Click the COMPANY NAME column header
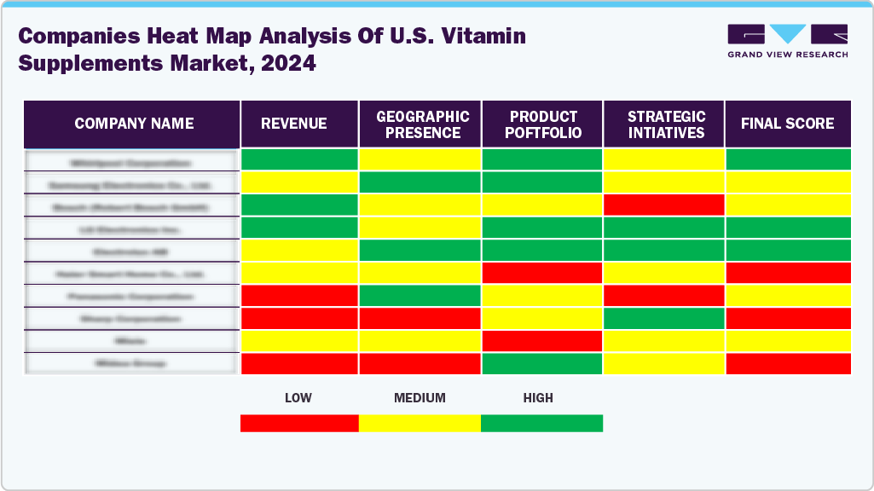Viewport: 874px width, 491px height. click(134, 124)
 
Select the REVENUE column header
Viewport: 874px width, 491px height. click(293, 124)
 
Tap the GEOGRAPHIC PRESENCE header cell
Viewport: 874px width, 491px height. click(423, 124)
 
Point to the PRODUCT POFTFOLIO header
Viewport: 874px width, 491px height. click(544, 124)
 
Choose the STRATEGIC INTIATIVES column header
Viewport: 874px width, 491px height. click(666, 124)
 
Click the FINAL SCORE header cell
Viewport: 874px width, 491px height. click(787, 124)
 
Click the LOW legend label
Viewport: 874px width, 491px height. click(298, 398)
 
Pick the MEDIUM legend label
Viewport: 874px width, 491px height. click(420, 398)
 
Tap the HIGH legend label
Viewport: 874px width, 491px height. click(538, 398)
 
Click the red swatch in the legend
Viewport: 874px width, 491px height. click(299, 423)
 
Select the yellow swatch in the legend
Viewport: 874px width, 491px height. click(420, 423)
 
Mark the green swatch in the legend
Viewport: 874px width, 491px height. click(541, 423)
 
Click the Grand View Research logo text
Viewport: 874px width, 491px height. click(787, 55)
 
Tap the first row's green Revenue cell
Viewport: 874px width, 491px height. click(299, 159)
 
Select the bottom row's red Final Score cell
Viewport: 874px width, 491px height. click(788, 363)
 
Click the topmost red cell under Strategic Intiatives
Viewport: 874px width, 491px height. click(663, 205)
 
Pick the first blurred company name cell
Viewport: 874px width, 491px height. click(131, 161)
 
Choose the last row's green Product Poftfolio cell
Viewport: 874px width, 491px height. click(542, 363)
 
